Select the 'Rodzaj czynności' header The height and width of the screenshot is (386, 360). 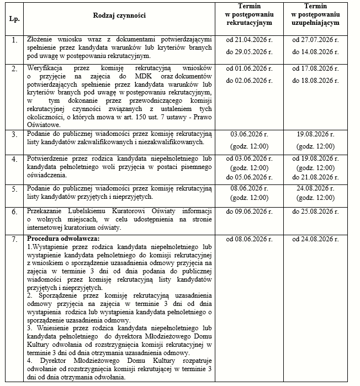pyautogui.click(x=119, y=15)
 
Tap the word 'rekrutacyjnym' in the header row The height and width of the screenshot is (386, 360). pyautogui.click(x=249, y=25)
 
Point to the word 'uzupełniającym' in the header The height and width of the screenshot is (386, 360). pyautogui.click(x=315, y=25)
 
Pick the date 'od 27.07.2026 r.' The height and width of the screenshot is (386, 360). pyautogui.click(x=315, y=40)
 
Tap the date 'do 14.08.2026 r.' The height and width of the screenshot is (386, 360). pyautogui.click(x=315, y=51)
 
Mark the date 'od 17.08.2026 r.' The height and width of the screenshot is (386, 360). pyautogui.click(x=315, y=69)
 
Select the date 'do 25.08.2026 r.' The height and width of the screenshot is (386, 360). pyautogui.click(x=315, y=213)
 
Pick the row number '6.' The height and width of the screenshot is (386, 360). pyautogui.click(x=13, y=213)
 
